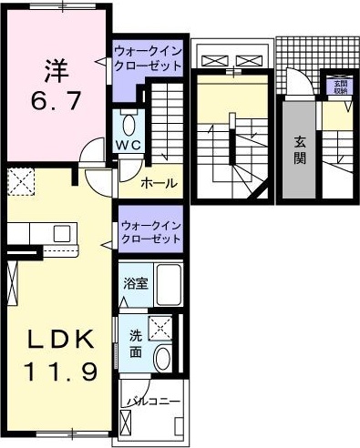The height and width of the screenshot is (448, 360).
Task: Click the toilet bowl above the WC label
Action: coord(127,125)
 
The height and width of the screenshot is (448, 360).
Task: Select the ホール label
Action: coord(159,184)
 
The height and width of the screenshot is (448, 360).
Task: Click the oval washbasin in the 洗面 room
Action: coord(165,358)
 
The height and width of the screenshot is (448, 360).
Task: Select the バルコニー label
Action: coord(154,401)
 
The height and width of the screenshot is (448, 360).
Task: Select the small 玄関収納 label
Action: coord(337,87)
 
